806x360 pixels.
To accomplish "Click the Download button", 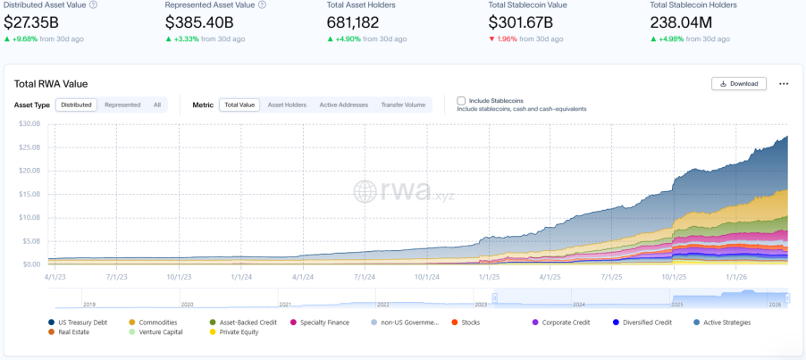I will click(739, 84).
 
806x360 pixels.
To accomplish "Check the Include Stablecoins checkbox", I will click(461, 101).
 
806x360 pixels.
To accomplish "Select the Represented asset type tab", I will click(122, 105).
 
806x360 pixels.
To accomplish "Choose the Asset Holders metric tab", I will click(287, 105).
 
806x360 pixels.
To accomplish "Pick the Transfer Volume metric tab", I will click(403, 105).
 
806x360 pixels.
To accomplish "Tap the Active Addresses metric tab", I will click(343, 105).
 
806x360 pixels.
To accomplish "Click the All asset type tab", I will click(157, 105).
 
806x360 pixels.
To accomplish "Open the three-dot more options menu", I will click(784, 84).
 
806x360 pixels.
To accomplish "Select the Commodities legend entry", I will click(156, 322).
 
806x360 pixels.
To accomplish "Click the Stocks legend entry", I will click(469, 322).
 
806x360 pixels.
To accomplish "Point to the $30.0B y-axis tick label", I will click(30, 123).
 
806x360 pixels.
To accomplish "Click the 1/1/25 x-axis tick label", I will click(489, 277).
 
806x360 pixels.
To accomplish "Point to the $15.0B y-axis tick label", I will click(30, 194).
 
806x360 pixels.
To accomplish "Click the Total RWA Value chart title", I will click(51, 84).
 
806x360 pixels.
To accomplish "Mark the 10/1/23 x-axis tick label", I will click(179, 277).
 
